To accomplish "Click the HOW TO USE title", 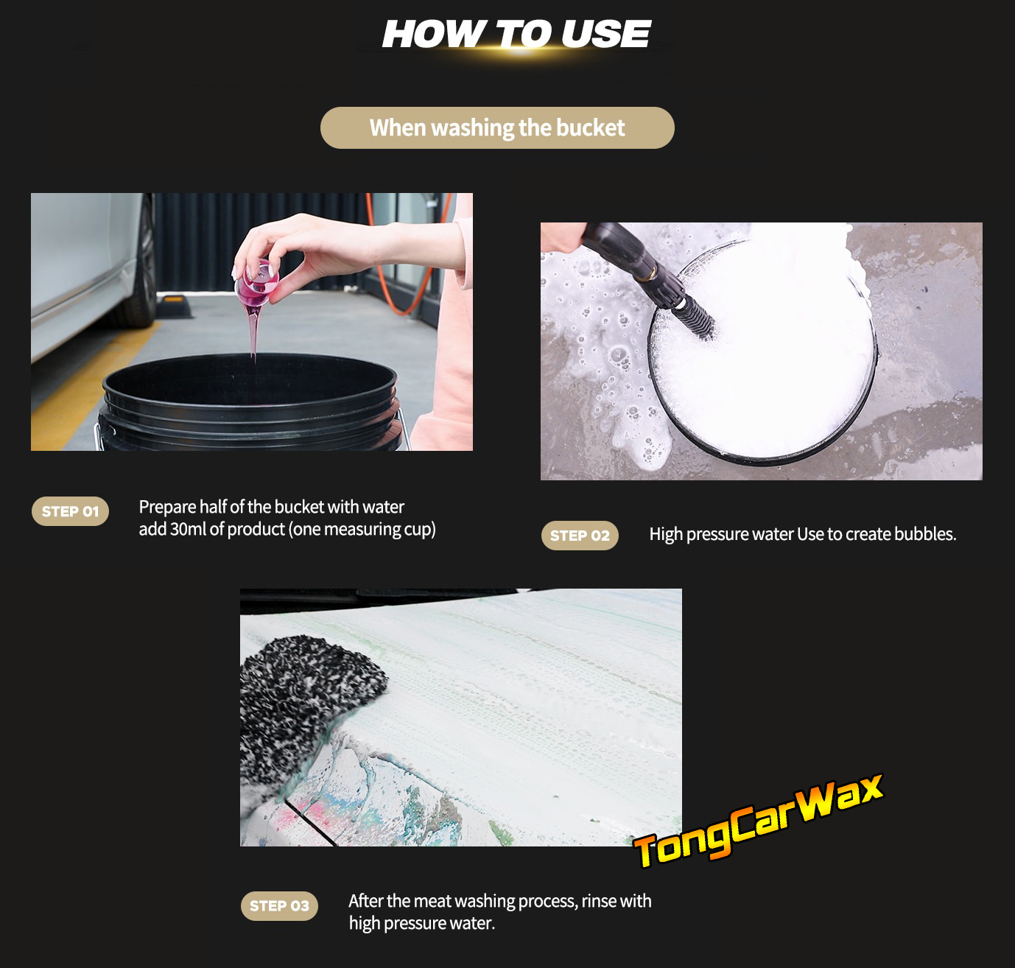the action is click(516, 35).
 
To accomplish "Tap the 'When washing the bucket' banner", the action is click(497, 127).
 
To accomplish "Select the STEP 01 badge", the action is click(70, 511).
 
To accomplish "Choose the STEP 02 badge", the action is click(580, 536).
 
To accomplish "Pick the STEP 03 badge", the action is click(279, 905).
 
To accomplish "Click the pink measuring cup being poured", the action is click(256, 284).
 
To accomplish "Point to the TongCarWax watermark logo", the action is click(758, 821).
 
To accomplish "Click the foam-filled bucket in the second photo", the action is click(762, 351).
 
